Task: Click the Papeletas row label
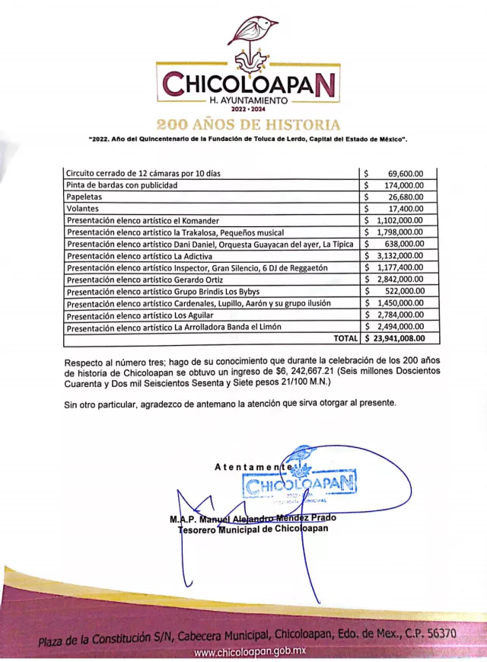tap(85, 197)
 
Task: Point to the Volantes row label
tap(83, 208)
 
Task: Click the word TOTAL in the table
tap(345, 338)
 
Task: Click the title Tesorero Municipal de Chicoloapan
tap(253, 529)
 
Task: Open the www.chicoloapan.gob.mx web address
tap(250, 652)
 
